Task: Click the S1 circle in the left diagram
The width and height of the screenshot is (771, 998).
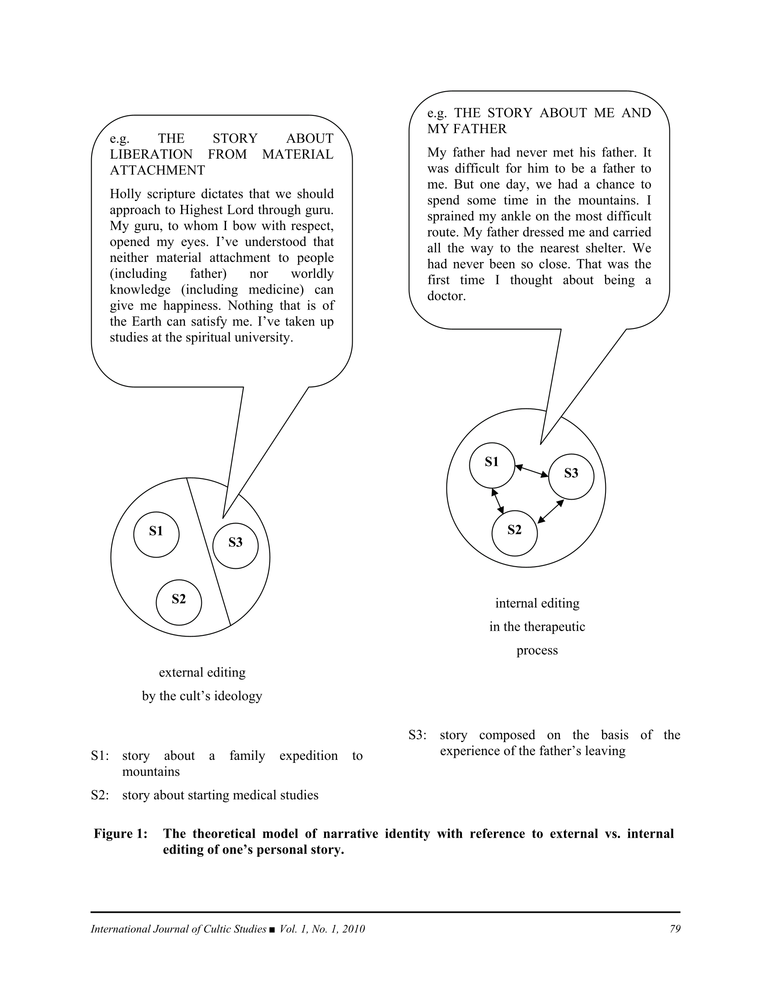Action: pos(156,534)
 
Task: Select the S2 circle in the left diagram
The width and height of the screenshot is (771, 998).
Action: pos(178,602)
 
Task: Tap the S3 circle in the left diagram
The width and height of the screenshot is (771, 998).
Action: pos(236,545)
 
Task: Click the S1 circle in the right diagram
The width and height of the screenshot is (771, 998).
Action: pos(492,465)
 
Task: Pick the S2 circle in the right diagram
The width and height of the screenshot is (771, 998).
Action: pos(514,533)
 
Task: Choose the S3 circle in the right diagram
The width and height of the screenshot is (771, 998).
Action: pos(571,476)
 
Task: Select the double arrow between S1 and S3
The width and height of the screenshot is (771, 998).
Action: pos(532,471)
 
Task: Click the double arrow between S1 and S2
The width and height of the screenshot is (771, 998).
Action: pos(498,501)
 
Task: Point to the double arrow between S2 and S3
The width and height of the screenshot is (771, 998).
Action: pos(551,511)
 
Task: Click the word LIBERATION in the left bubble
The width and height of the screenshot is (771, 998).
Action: pos(151,154)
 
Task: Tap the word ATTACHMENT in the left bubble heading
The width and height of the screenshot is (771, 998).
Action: pos(157,170)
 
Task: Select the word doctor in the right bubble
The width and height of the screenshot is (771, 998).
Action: pos(446,296)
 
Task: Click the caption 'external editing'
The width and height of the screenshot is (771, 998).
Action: pos(202,672)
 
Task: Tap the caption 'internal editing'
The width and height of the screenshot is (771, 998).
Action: pos(537,603)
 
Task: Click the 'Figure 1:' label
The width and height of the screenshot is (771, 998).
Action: pos(121,833)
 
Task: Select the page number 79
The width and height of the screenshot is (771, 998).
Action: pos(675,928)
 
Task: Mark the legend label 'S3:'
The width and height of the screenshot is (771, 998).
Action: pos(417,735)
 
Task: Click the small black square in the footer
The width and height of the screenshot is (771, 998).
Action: pos(272,929)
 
